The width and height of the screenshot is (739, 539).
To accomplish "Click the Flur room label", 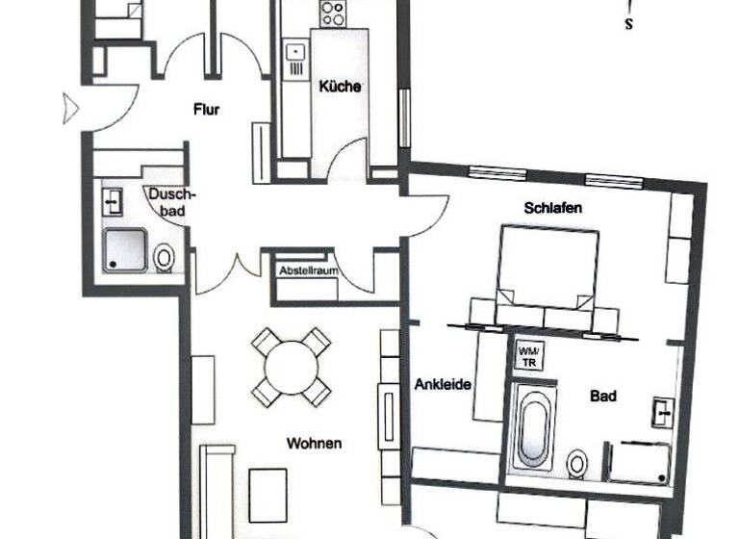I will click(206, 110).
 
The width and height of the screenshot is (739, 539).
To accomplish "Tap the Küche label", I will click(340, 87).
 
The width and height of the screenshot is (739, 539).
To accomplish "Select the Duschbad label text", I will click(173, 201).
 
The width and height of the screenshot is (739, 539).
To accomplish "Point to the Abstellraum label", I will click(305, 272).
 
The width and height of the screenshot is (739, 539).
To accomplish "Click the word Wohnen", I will click(314, 444).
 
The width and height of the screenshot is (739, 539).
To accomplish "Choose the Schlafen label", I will click(553, 208).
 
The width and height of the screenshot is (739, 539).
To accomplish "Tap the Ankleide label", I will click(443, 385).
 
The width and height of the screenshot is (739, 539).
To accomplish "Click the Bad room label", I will click(604, 396).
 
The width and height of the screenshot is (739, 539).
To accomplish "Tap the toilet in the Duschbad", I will click(166, 258).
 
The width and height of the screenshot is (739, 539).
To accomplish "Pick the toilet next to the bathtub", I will click(577, 463).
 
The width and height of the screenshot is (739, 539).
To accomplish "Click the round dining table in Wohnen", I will click(291, 367).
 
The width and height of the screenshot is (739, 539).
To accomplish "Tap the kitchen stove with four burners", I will click(334, 13).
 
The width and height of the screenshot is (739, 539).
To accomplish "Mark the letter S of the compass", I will click(628, 25).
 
